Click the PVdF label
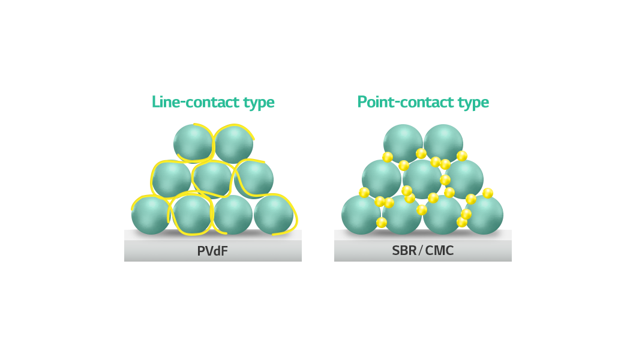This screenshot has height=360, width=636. click(x=212, y=251)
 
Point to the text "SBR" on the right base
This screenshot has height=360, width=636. click(x=404, y=251)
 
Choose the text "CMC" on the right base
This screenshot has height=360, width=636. click(x=439, y=251)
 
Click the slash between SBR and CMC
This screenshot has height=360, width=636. click(x=421, y=251)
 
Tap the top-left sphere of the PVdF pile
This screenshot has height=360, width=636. click(x=193, y=143)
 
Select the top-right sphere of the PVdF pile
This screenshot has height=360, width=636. click(x=233, y=144)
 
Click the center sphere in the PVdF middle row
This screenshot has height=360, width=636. click(x=212, y=179)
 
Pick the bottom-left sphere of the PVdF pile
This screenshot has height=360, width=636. click(x=151, y=215)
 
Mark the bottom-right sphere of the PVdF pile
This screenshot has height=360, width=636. click(x=274, y=215)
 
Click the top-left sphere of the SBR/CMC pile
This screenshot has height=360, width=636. click(x=403, y=144)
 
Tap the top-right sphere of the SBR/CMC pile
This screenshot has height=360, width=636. click(x=443, y=144)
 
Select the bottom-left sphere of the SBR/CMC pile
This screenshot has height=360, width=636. click(x=361, y=215)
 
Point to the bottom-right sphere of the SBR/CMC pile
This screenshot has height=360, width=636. click(x=484, y=215)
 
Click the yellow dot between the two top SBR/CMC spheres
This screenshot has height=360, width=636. click(x=421, y=153)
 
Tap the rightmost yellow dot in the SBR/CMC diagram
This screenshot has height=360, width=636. click(x=488, y=193)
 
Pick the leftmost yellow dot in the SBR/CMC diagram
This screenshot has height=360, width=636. click(x=364, y=193)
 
